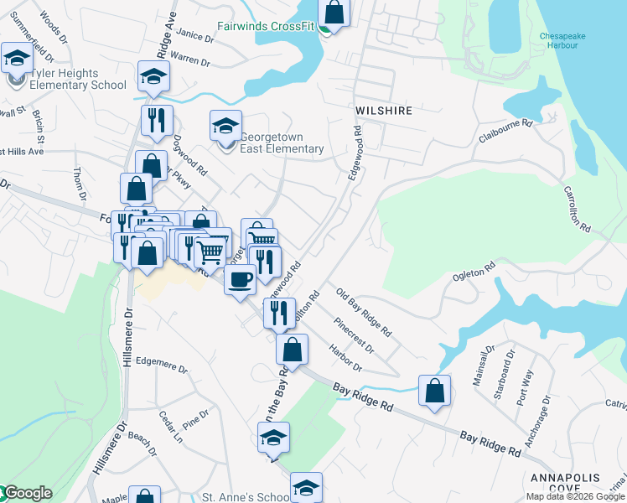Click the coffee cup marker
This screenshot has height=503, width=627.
[240, 279]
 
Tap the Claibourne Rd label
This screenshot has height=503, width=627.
[505, 124]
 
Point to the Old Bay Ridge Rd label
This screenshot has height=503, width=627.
[364, 312]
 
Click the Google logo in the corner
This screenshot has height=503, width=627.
[27, 493]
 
